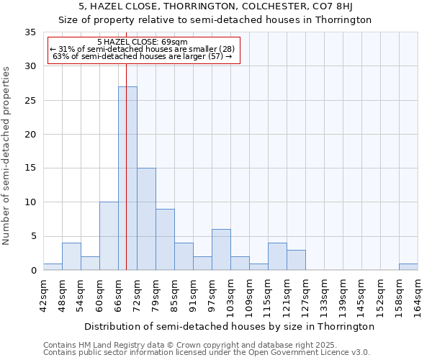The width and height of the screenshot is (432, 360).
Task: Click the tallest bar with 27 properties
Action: point(127,179)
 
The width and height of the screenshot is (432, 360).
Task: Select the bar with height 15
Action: point(146,219)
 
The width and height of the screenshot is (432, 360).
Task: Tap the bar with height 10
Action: point(109,236)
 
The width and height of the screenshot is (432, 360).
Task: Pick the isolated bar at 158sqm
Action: point(408,266)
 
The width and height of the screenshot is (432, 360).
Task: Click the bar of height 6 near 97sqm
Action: point(221,250)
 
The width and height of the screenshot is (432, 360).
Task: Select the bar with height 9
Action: point(165,240)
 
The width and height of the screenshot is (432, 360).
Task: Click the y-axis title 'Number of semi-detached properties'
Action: point(7,156)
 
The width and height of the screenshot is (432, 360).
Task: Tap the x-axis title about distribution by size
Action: point(229,326)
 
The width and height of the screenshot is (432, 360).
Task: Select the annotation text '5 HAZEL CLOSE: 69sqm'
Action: point(142,42)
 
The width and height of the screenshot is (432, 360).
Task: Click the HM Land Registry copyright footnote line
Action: point(189,345)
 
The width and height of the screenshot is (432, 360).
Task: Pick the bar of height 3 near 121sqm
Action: point(296,260)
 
